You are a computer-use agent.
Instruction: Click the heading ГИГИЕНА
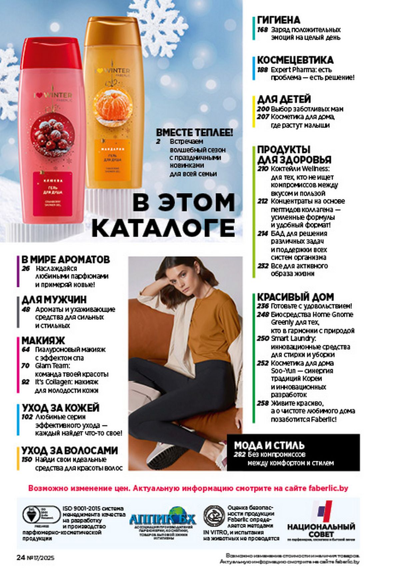279,20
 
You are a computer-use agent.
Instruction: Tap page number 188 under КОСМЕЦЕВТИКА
262,70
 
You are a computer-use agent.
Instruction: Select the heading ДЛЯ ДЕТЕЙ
284,99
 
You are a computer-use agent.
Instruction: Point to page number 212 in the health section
262,201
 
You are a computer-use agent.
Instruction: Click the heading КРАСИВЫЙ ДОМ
295,297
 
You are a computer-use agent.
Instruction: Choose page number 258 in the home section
262,403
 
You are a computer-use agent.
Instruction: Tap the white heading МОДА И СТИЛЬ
269,445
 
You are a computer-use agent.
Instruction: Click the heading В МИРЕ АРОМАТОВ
66,259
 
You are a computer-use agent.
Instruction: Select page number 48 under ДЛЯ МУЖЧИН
26,309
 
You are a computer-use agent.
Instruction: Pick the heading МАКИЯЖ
43,340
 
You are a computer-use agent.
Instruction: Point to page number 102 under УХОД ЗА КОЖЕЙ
27,417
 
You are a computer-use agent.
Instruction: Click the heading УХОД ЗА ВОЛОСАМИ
70,450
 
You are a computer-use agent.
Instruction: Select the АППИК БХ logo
162,519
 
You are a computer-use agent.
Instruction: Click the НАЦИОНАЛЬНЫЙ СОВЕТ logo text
321,530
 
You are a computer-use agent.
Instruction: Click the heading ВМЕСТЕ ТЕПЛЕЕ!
195,132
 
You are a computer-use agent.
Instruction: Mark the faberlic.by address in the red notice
328,488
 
